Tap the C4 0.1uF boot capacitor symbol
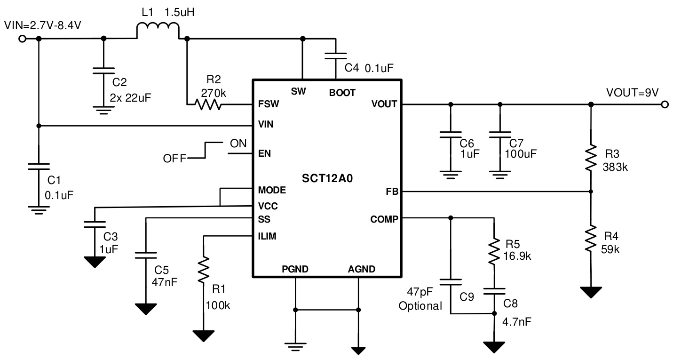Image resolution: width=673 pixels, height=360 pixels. [335, 56]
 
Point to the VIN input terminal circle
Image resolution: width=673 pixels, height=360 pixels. [22, 39]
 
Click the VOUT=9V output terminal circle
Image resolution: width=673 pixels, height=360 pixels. [664, 104]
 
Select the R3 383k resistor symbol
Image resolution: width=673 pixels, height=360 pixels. [591, 159]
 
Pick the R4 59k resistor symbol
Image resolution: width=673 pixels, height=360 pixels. [591, 239]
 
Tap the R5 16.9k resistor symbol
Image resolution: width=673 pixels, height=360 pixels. [493, 251]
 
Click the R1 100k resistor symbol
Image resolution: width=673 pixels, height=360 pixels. [203, 270]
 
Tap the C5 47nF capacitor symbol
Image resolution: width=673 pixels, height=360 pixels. [146, 255]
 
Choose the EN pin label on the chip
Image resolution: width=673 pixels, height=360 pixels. [264, 153]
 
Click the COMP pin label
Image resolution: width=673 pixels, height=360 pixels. [384, 218]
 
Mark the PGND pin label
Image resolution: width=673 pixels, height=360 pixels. [295, 270]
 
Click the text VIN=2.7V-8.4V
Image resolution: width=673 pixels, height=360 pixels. [42, 25]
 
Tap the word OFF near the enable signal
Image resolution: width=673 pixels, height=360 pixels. [174, 159]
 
